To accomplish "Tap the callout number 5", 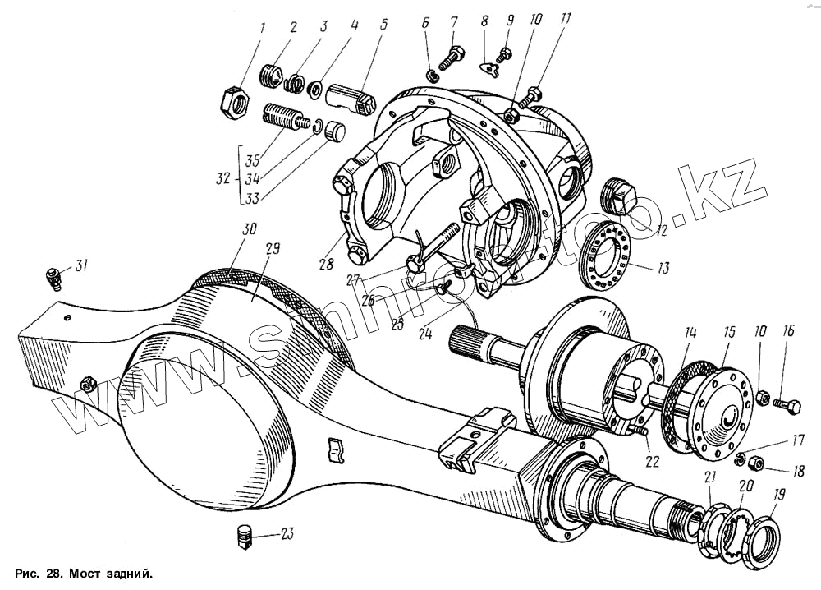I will point(383,25).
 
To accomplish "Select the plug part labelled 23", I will point(242,536).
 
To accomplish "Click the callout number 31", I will point(80,265).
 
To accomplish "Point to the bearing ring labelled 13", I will point(606,259).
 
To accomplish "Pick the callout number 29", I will point(273,248).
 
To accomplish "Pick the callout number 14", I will point(692,334).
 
